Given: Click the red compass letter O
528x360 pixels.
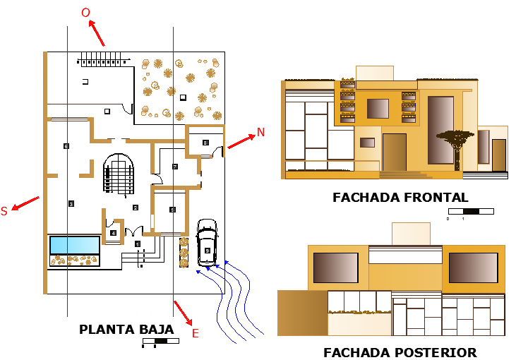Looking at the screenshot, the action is (x=85, y=13).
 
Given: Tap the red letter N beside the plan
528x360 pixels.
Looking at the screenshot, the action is (x=260, y=132).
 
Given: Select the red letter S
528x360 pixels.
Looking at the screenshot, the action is (x=4, y=211).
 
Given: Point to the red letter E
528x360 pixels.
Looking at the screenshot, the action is (x=196, y=333).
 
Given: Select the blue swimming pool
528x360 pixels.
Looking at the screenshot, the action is (x=75, y=245).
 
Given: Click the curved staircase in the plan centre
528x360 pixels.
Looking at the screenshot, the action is (x=119, y=174).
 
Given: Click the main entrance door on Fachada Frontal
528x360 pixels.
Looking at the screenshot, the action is (x=394, y=152).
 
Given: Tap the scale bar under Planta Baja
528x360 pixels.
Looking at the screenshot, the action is (x=160, y=341).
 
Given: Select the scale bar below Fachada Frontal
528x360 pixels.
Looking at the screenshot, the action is (x=470, y=210).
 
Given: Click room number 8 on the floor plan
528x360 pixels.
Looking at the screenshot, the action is (x=205, y=143).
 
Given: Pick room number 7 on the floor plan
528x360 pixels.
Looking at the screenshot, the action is (x=174, y=167).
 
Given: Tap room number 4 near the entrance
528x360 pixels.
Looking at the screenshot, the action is (x=113, y=232).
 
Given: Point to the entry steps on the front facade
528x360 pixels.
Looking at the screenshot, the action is (x=399, y=174).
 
